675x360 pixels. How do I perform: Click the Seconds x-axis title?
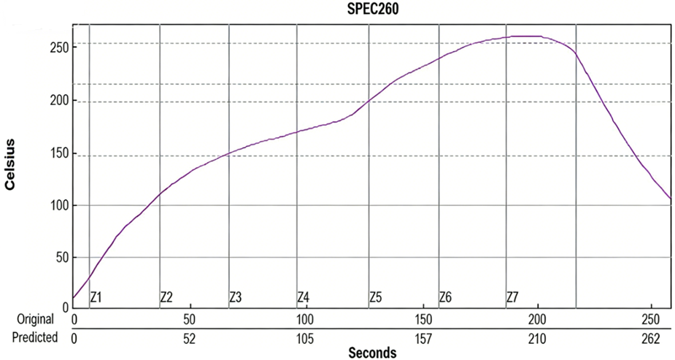tap(372, 353)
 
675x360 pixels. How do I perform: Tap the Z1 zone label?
tap(96, 297)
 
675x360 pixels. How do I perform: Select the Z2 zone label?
tap(166, 297)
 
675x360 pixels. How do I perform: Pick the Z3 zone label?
tap(236, 297)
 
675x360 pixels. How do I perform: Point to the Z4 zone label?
tap(304, 297)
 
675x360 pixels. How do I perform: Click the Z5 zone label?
tap(376, 297)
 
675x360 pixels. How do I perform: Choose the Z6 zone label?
tap(445, 297)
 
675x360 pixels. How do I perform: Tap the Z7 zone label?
tap(512, 297)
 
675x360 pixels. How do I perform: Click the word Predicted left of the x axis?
tap(34, 338)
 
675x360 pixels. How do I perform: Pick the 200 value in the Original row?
tap(537, 320)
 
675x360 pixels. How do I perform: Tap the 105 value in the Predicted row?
tap(305, 338)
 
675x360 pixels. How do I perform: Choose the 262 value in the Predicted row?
tap(650, 338)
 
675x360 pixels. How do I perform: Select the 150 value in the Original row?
tap(421, 320)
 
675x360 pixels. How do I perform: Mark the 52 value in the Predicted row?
tap(189, 338)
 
